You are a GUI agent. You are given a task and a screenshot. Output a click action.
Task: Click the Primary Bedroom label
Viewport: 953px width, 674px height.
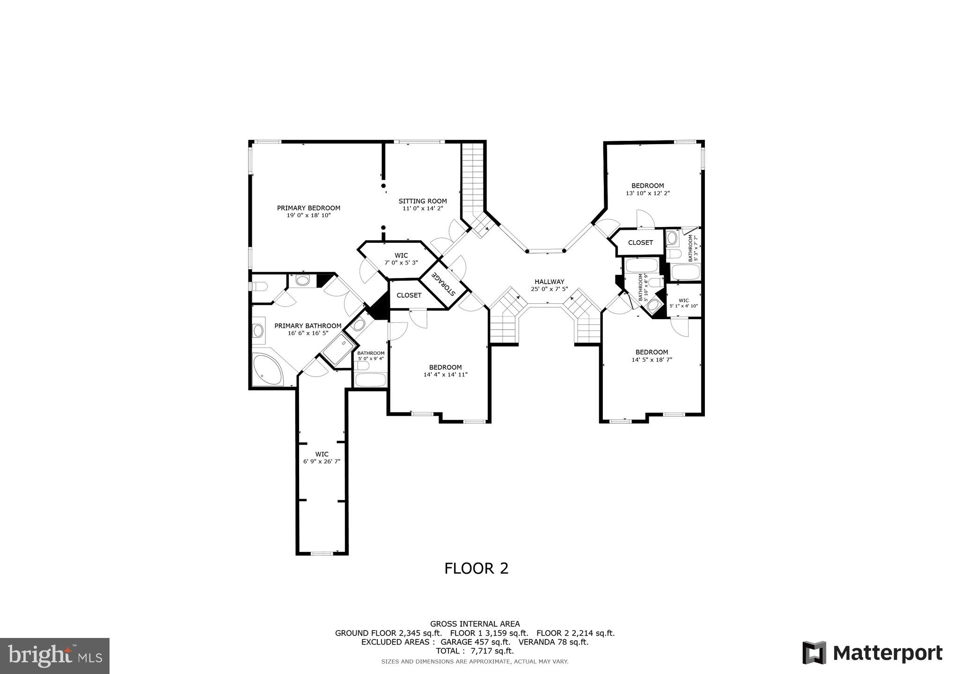point(308,208)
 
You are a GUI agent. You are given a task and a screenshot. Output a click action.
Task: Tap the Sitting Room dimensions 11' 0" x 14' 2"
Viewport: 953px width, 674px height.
point(423,208)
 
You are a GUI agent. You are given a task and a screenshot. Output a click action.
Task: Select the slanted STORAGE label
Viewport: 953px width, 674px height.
point(443,285)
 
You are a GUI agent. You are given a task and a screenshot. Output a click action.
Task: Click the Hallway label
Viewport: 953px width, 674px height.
point(550,282)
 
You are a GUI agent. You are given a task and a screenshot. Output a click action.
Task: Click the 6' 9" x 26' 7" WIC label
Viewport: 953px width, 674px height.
point(322,454)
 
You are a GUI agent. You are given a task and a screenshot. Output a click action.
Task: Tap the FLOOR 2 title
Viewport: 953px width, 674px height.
point(476,568)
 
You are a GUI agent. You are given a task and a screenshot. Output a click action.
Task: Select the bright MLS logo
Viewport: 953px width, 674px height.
point(55,656)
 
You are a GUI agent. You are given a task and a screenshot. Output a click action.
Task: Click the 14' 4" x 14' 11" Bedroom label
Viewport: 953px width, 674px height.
point(445,367)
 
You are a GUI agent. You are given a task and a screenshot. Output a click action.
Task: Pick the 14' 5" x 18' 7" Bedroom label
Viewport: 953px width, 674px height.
point(652,352)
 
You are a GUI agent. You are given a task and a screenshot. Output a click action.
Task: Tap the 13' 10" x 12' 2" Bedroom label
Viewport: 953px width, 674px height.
point(647,186)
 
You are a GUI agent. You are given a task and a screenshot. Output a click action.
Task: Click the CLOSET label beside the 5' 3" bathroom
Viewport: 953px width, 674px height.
point(640,242)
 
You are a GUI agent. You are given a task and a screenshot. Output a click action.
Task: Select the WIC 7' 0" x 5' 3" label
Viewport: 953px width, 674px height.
point(401,256)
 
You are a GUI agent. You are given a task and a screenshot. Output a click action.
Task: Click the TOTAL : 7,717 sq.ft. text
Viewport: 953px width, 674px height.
point(475,651)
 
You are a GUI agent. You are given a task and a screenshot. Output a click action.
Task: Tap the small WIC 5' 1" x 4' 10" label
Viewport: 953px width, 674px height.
point(683,300)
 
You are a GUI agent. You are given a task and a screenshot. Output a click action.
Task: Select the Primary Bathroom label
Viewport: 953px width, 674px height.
point(308,326)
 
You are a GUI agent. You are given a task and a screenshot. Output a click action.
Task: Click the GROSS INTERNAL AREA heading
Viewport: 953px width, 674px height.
point(475,623)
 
